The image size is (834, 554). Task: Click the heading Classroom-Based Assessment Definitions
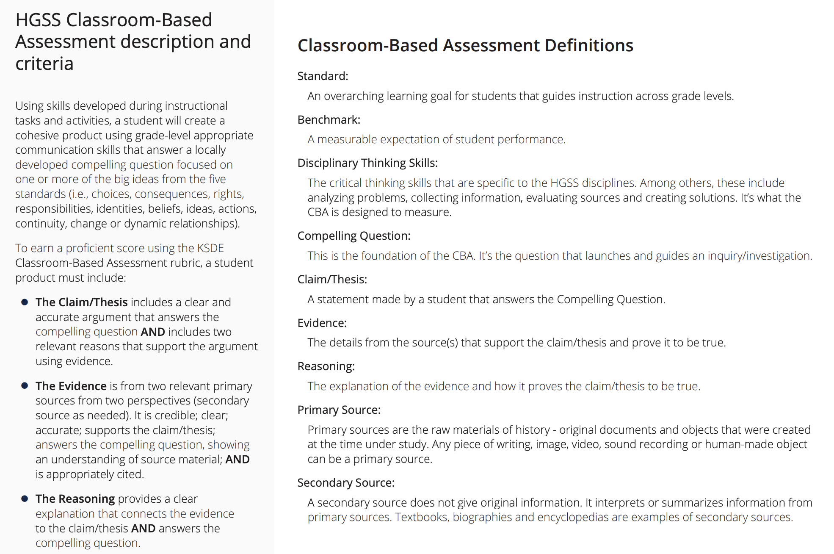click(465, 45)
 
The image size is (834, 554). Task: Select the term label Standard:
click(323, 76)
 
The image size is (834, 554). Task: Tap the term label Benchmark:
click(329, 120)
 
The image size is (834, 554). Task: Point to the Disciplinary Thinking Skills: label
click(367, 163)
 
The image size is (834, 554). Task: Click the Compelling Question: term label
click(354, 236)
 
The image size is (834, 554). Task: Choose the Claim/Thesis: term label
click(332, 280)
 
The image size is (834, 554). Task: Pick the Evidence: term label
click(322, 323)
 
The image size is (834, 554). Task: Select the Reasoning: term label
click(326, 366)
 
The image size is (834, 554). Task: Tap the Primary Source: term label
click(339, 410)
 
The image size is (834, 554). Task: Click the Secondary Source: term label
click(346, 483)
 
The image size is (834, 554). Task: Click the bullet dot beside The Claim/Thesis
click(25, 302)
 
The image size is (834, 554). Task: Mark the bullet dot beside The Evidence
click(25, 386)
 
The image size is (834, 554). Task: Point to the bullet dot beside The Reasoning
click(25, 499)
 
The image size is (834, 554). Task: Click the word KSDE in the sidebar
click(210, 248)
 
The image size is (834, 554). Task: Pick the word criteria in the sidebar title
click(44, 64)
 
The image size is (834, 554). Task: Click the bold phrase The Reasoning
click(75, 499)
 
